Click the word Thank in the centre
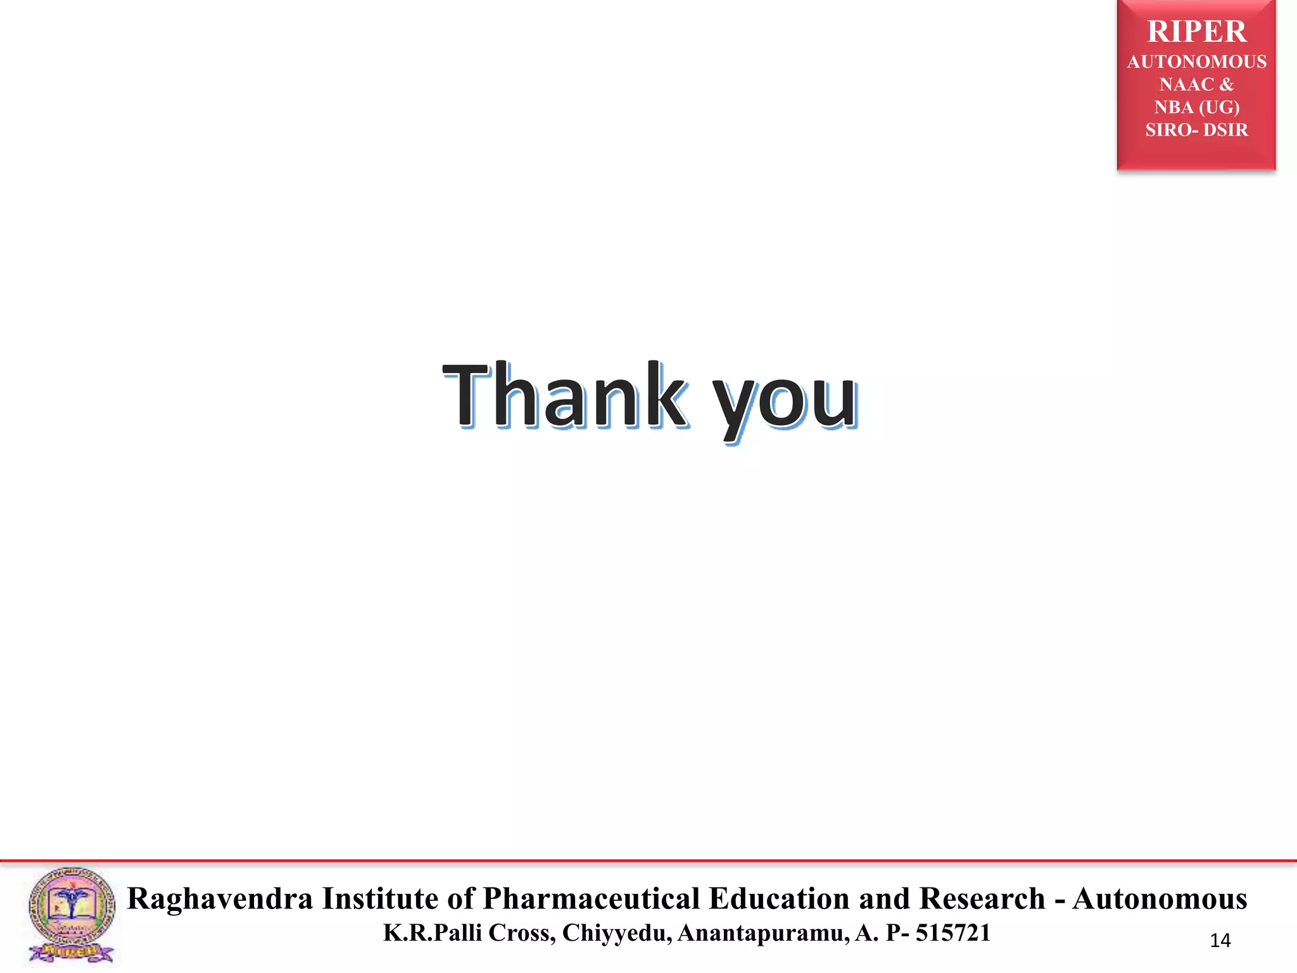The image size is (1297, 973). click(564, 396)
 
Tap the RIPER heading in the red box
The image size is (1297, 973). click(1196, 32)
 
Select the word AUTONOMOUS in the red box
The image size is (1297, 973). click(1196, 61)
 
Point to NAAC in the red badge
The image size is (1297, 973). click(1186, 84)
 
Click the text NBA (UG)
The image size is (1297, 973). click(1196, 107)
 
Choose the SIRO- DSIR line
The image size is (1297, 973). click(1196, 130)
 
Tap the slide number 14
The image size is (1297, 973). click(1220, 941)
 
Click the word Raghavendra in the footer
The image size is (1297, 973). click(220, 899)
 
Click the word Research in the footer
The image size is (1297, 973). click(982, 899)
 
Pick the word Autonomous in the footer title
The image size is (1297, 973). click(1160, 899)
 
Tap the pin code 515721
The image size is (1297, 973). click(952, 933)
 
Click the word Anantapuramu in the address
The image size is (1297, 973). click(763, 933)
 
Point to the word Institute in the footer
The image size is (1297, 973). click(380, 899)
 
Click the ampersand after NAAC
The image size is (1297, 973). click(1227, 84)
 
